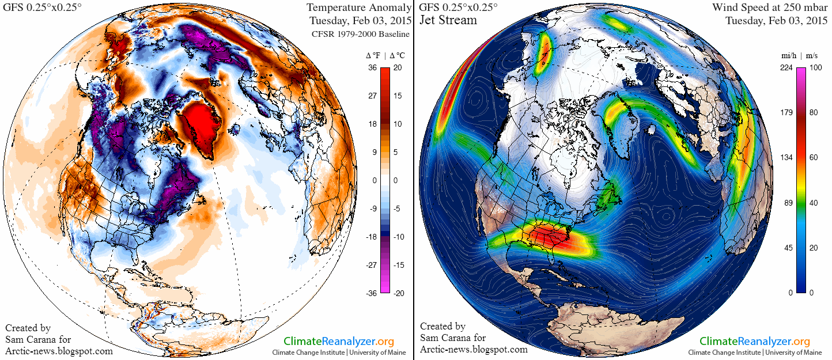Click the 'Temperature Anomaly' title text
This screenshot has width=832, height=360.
tap(359, 7)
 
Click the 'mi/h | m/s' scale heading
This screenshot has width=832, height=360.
tap(799, 55)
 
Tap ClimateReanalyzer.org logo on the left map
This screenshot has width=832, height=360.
tap(339, 341)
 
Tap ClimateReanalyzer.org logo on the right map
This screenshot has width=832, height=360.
tap(755, 341)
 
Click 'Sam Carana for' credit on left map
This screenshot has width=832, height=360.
tap(38, 339)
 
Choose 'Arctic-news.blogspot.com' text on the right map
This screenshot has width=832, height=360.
tap(474, 349)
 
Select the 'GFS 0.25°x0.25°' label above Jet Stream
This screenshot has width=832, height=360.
tap(458, 7)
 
